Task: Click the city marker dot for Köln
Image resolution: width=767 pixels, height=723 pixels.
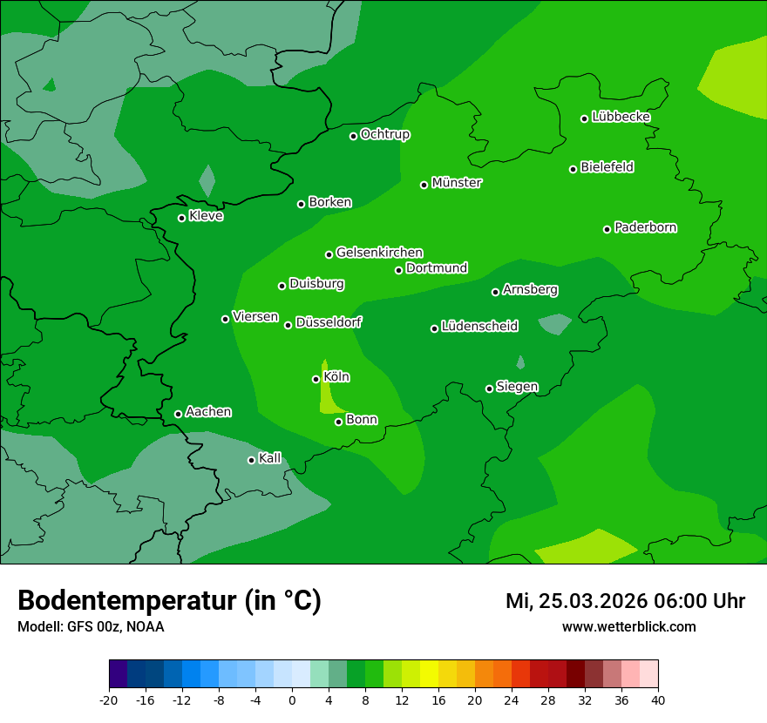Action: tap(316, 379)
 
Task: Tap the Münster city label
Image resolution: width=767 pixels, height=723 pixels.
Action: tap(457, 183)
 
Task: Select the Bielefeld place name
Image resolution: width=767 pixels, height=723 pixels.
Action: tap(607, 167)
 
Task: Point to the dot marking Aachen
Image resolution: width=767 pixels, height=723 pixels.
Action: tap(178, 414)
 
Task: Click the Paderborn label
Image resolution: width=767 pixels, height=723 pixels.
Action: tap(645, 227)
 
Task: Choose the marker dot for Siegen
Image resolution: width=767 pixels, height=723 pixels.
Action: tap(489, 389)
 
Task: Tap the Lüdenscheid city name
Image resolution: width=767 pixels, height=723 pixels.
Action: tap(479, 327)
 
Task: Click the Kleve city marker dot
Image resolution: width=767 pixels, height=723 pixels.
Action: tap(181, 218)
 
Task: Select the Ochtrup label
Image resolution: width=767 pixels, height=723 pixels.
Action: tap(384, 134)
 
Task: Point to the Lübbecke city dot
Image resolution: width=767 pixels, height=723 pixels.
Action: tap(584, 118)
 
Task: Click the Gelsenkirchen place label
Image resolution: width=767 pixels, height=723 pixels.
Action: tap(379, 253)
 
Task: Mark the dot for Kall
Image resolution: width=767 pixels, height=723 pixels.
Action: tap(251, 460)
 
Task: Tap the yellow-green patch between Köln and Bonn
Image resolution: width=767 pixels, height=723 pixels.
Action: tap(328, 396)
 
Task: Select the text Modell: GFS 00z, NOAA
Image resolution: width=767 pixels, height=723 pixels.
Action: tap(91, 626)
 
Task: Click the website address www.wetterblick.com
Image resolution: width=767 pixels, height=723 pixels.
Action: tap(628, 626)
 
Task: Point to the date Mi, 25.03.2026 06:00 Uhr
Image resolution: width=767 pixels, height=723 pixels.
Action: tap(625, 601)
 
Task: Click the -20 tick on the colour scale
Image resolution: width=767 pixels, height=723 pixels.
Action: tap(109, 700)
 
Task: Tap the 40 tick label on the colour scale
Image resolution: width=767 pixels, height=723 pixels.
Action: tap(658, 700)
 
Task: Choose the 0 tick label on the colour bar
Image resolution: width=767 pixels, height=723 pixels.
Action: tap(292, 700)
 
